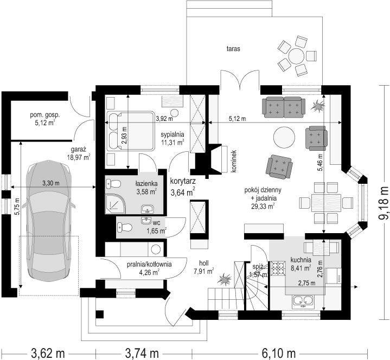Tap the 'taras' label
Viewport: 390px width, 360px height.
click(x=233, y=49)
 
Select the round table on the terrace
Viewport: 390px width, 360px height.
click(x=296, y=56)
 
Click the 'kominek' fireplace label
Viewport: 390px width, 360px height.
click(x=233, y=161)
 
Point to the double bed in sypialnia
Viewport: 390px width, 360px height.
click(x=130, y=131)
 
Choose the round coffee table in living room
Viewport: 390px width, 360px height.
click(x=284, y=137)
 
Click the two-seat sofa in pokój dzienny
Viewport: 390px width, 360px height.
click(x=284, y=107)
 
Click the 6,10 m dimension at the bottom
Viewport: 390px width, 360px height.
click(x=279, y=353)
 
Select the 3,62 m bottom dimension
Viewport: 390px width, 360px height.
click(x=48, y=353)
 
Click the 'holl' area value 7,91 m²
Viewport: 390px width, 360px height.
click(x=204, y=271)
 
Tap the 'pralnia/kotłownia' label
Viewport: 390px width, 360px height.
click(x=149, y=265)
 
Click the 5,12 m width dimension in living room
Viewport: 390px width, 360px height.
click(x=237, y=119)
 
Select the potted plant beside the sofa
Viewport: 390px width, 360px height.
click(x=318, y=105)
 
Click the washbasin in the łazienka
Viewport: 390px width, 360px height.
click(x=148, y=209)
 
